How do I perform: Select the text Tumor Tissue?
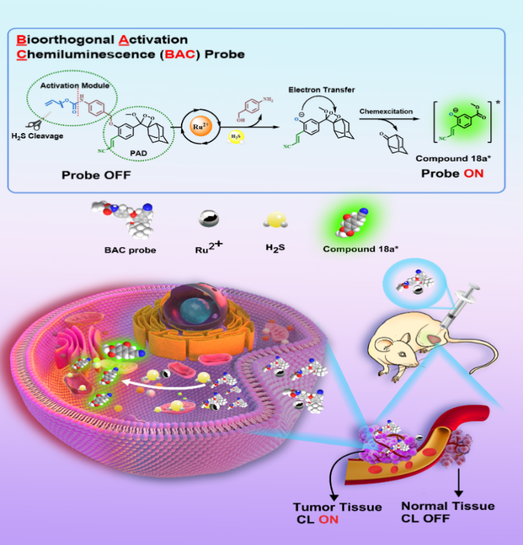[337, 507]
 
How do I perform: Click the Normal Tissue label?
[448, 506]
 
